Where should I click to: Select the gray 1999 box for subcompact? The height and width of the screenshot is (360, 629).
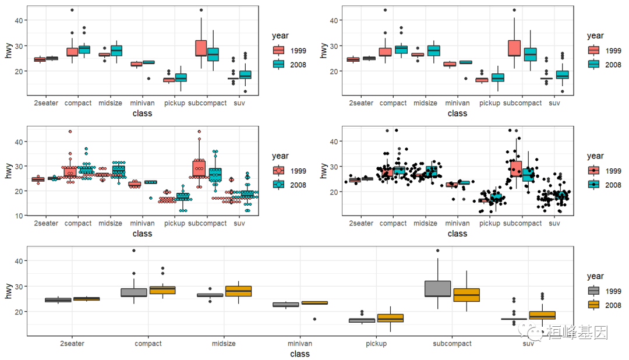[x=438, y=289]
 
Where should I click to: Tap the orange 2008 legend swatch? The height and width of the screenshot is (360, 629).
[x=594, y=305]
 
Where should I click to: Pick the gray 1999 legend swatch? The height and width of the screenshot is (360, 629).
[x=594, y=291]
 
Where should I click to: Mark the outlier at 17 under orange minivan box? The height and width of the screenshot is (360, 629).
[x=315, y=319]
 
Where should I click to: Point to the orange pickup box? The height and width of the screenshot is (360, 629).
[x=390, y=318]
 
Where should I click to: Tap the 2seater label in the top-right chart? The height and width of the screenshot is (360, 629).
[x=361, y=103]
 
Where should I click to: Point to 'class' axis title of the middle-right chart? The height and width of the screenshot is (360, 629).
[x=457, y=234]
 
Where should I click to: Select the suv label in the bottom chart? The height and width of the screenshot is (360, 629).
[x=528, y=344]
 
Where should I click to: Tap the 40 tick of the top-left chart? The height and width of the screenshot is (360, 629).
[x=20, y=20]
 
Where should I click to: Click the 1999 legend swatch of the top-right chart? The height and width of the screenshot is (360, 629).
[x=594, y=50]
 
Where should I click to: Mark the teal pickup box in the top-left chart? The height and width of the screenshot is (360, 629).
[x=181, y=77]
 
